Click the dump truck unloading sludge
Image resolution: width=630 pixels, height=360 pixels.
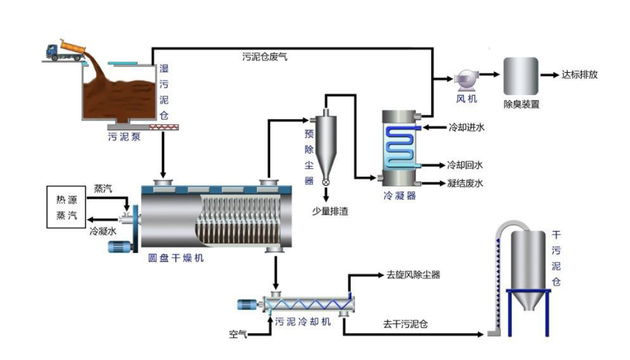point(65,50)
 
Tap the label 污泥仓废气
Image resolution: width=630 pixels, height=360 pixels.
point(265,57)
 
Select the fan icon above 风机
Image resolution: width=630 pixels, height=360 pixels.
point(465,80)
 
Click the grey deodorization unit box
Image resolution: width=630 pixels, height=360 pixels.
point(520,76)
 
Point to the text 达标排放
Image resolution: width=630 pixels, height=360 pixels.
point(580,74)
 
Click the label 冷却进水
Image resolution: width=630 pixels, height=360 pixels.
point(466,128)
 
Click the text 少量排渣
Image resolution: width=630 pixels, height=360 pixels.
point(331,211)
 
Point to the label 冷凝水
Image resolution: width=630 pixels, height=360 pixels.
point(103,230)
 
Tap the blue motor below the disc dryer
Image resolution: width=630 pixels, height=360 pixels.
point(119,247)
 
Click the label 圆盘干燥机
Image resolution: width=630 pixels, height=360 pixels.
point(176,258)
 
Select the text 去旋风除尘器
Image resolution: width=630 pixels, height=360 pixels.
point(413,275)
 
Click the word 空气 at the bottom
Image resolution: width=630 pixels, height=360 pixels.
point(237,335)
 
